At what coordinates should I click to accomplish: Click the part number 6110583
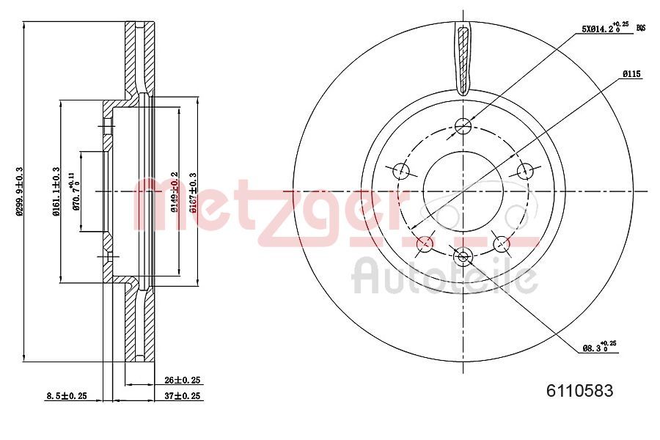click(x=579, y=391)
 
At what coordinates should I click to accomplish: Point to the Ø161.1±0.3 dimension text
click(x=56, y=192)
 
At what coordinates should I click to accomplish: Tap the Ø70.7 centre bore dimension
click(x=75, y=191)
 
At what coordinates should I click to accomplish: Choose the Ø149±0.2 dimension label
click(x=175, y=192)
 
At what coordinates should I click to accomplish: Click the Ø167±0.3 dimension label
click(x=194, y=192)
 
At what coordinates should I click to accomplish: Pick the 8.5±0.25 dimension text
click(x=67, y=396)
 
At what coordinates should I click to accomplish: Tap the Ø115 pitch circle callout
click(x=632, y=74)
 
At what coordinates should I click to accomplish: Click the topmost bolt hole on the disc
click(x=463, y=126)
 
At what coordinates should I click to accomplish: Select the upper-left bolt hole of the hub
click(x=401, y=171)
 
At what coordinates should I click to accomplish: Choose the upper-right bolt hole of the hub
click(x=524, y=171)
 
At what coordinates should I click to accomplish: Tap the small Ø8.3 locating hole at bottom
click(x=463, y=257)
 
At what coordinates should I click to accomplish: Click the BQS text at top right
click(x=640, y=28)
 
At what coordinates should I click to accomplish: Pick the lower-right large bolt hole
click(x=502, y=243)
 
